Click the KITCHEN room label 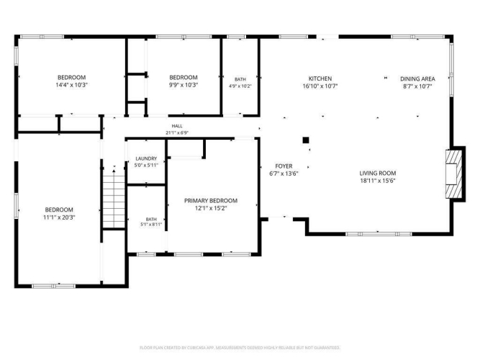pyautogui.click(x=320, y=78)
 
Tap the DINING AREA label pyautogui.click(x=417, y=78)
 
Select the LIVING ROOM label pyautogui.click(x=377, y=173)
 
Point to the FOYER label pyautogui.click(x=284, y=166)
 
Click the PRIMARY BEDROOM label pyautogui.click(x=211, y=201)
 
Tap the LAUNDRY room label pyautogui.click(x=146, y=158)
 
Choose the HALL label pyautogui.click(x=177, y=126)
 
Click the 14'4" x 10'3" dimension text pyautogui.click(x=71, y=85)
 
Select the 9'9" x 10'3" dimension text pyautogui.click(x=184, y=85)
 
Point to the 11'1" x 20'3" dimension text pyautogui.click(x=59, y=217)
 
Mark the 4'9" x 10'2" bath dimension pyautogui.click(x=240, y=86)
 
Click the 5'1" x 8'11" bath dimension pyautogui.click(x=151, y=224)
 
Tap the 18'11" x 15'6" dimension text pyautogui.click(x=377, y=181)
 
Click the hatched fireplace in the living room pyautogui.click(x=453, y=174)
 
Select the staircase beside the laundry pyautogui.click(x=114, y=199)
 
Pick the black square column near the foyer pyautogui.click(x=306, y=140)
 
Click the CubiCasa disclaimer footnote pyautogui.click(x=240, y=348)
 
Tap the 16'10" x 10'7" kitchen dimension pyautogui.click(x=320, y=86)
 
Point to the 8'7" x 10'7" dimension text pyautogui.click(x=417, y=86)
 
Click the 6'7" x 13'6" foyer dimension pyautogui.click(x=284, y=174)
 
